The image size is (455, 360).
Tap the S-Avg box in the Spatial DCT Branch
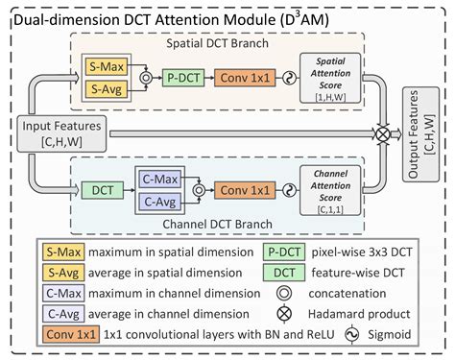pos(102,89)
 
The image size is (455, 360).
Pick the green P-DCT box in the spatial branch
pos(179,80)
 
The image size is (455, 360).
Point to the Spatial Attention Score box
pos(329,79)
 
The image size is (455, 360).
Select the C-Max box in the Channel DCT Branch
pos(161,179)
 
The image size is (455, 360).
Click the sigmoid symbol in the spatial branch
pos(286,80)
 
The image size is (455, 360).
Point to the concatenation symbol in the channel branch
pos(198,189)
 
